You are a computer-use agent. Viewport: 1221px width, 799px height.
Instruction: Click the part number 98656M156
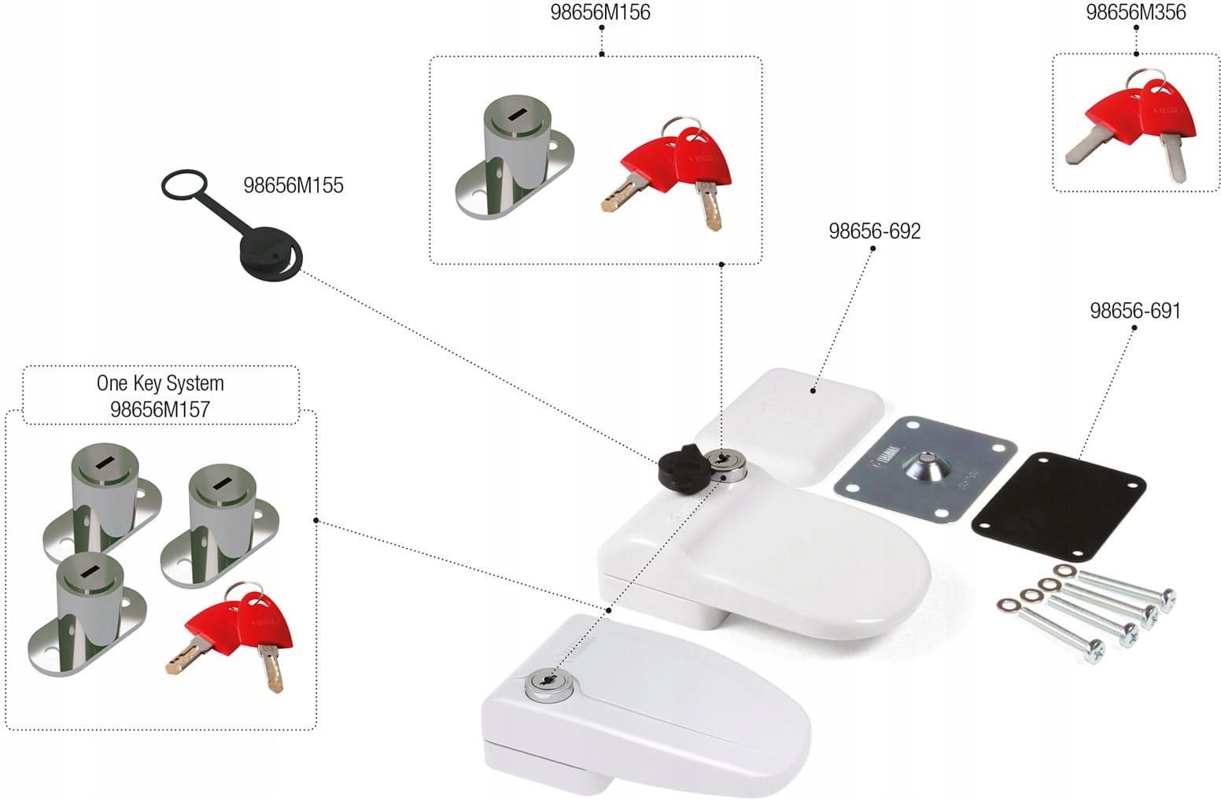pos(601,13)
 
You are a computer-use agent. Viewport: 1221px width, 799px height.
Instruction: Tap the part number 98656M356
pos(1135,13)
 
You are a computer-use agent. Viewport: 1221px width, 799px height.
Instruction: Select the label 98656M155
pos(293,186)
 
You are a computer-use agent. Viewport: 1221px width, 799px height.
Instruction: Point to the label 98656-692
pos(874,231)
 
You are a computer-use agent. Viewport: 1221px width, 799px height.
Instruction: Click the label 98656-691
pos(1134,311)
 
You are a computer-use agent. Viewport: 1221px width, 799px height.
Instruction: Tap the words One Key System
pos(160,383)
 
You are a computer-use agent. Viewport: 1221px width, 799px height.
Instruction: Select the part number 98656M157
pos(160,409)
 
